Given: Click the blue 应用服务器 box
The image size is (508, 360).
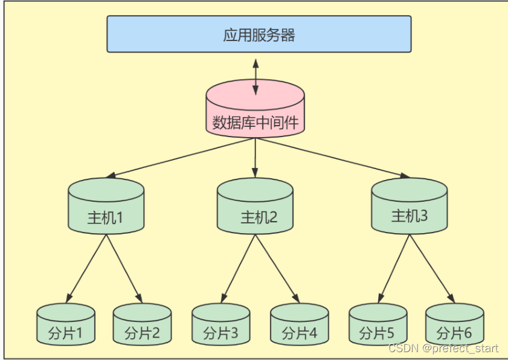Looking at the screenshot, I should (x=259, y=34).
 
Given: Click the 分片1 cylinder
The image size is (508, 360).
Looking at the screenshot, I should (x=66, y=326).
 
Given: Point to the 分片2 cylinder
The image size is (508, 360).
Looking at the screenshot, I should (x=143, y=326).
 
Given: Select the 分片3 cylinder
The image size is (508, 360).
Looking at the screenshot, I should (x=221, y=326).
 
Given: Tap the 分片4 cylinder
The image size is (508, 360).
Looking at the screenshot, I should (x=298, y=326).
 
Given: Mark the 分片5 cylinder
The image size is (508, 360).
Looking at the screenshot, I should (x=378, y=326).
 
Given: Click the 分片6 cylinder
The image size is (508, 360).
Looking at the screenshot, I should (x=454, y=326).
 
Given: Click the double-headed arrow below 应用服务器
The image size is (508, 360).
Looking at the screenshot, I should (x=256, y=77).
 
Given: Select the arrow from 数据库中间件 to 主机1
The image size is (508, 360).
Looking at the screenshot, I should (x=181, y=158).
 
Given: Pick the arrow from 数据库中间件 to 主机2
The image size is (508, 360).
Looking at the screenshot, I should (x=256, y=157).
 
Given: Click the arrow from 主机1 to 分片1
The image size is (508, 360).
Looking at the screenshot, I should (x=86, y=268).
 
